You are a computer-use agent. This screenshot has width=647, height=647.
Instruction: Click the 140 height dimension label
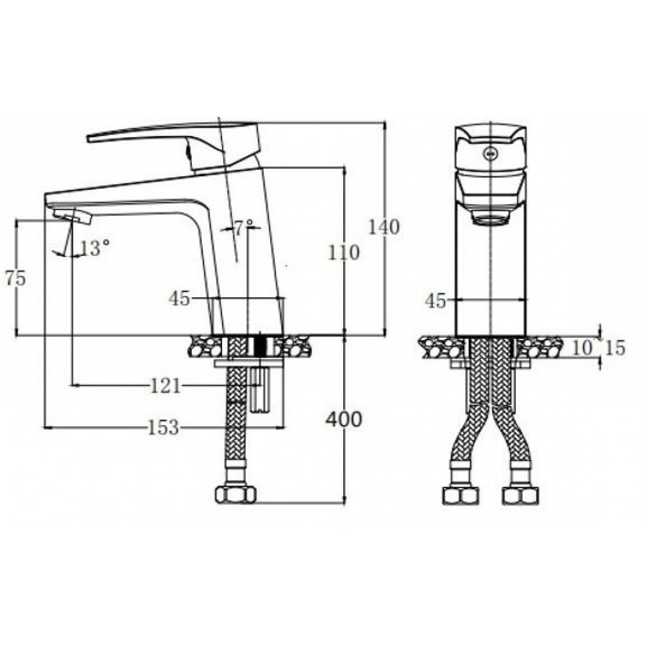[383, 227]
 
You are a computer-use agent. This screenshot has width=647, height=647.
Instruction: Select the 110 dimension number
[344, 252]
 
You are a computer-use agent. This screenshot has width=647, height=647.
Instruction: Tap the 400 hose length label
[343, 420]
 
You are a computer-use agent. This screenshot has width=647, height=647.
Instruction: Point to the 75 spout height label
[15, 278]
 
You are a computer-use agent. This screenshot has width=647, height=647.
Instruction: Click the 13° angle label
[95, 248]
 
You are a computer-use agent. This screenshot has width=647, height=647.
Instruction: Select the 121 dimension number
[166, 386]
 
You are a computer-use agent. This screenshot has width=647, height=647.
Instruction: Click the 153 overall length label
[163, 427]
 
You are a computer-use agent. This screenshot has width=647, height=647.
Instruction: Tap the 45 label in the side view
[179, 299]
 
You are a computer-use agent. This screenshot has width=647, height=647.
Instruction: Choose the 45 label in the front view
[436, 301]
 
